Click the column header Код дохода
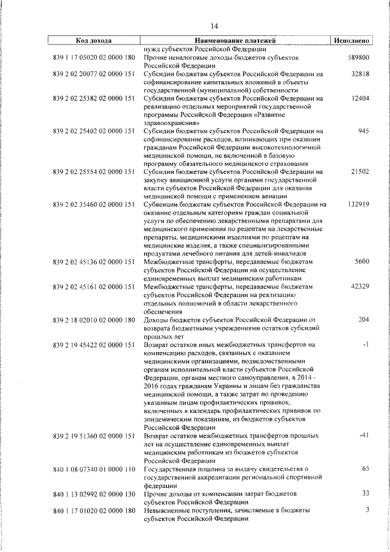(x=93, y=41)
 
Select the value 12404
(x=360, y=98)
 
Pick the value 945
(x=364, y=131)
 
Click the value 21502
(x=360, y=172)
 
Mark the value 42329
(x=360, y=287)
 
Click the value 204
(x=364, y=320)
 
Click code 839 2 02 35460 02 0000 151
(x=94, y=204)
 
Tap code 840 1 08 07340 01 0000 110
(x=94, y=468)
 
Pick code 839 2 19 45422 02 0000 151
(x=94, y=345)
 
